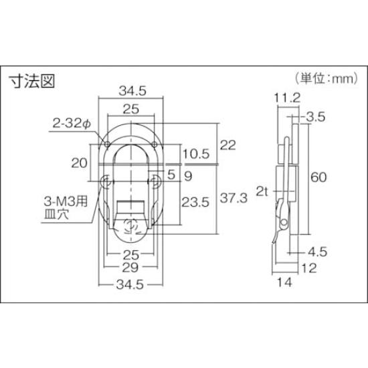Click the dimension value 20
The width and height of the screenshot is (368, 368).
(x=80, y=161)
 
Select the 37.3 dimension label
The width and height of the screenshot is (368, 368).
(x=232, y=198)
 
